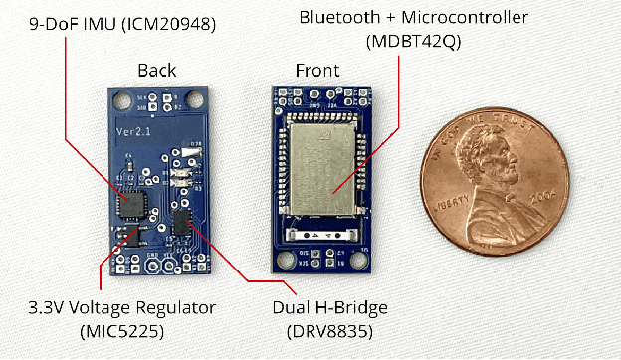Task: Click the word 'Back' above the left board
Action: tap(156, 71)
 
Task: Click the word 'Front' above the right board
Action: tap(316, 71)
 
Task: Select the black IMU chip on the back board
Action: tap(129, 204)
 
